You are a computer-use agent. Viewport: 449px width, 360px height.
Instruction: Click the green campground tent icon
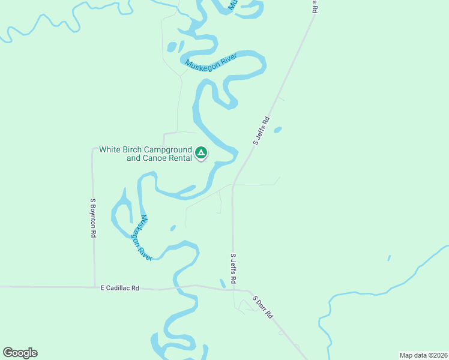(201, 154)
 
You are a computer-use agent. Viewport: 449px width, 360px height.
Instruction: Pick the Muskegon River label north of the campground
(211, 62)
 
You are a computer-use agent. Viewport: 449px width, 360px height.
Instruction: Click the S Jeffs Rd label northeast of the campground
(262, 136)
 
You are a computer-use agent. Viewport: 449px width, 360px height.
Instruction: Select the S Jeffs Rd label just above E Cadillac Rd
(234, 268)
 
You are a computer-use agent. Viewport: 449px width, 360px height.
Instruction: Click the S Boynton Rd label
(93, 219)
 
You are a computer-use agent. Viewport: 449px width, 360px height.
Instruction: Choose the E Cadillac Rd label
(119, 288)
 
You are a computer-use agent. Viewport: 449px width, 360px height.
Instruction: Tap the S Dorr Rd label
(262, 307)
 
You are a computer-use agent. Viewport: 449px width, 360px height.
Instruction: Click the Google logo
(20, 353)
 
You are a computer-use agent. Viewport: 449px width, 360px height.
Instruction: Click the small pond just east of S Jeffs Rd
(277, 129)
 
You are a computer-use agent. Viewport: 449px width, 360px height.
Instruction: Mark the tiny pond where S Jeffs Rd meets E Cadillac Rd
(223, 283)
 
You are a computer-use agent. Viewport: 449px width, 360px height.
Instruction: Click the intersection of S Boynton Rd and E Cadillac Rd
(94, 287)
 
